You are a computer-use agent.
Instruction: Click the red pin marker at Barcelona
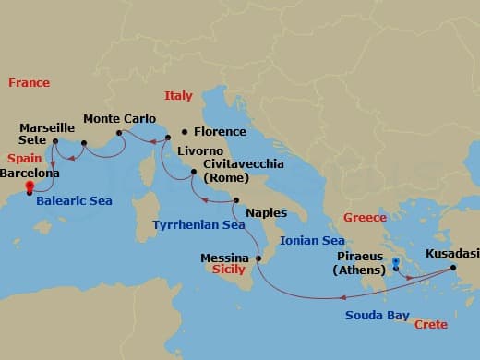tap(30, 186)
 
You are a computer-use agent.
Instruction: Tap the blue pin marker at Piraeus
tap(396, 263)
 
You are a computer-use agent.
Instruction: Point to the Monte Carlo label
tap(120, 119)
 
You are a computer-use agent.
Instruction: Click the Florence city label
tap(220, 132)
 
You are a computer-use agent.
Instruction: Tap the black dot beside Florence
tap(185, 132)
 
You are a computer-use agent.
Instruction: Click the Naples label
tap(267, 212)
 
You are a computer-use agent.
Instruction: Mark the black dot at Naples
tap(237, 201)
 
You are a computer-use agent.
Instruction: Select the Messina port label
tap(225, 258)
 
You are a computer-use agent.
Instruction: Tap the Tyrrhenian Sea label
tap(199, 224)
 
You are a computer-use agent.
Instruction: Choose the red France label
tap(29, 83)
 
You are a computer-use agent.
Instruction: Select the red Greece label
tap(365, 218)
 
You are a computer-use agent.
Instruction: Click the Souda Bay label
tap(377, 316)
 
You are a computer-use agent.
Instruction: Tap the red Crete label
tap(431, 325)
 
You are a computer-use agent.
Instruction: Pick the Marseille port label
tap(47, 128)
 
